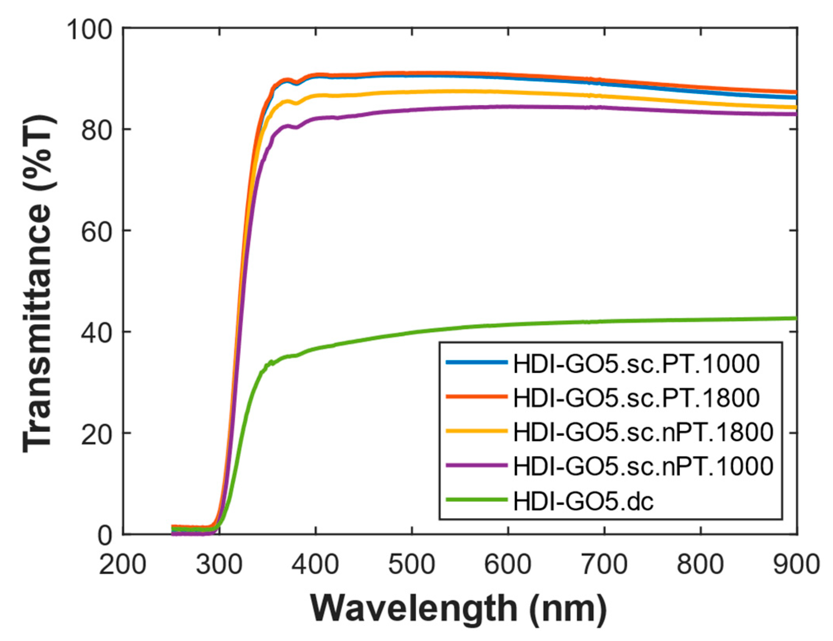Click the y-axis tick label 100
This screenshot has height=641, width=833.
click(90, 29)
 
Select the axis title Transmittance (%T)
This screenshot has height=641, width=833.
click(37, 283)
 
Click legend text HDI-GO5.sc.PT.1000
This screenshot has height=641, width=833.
click(636, 364)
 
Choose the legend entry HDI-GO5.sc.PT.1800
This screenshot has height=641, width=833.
click(636, 397)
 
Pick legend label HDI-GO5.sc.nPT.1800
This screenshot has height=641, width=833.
click(643, 432)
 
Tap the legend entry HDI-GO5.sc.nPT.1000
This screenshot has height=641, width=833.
click(643, 466)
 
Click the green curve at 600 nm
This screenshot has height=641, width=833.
click(508, 324)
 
